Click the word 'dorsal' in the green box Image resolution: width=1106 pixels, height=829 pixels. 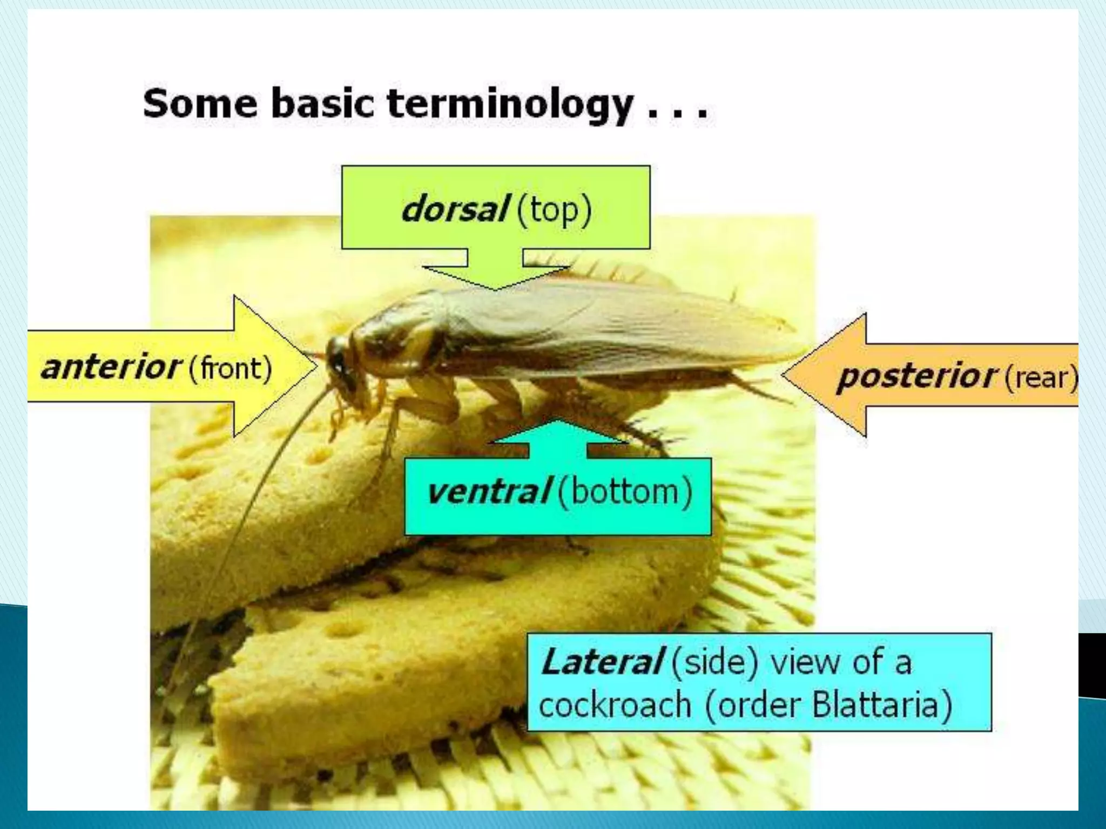(454, 209)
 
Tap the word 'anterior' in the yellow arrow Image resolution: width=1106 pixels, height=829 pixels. (111, 368)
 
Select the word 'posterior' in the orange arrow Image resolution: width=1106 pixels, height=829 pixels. (915, 376)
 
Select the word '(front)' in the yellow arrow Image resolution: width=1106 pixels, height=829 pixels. (230, 369)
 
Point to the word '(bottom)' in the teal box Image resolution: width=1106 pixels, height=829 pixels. (624, 492)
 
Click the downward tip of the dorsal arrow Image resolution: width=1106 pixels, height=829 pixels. (495, 289)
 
